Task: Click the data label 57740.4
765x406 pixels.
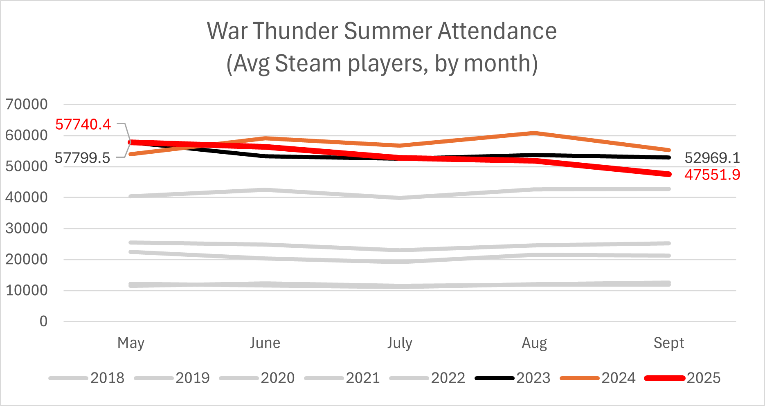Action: click(83, 124)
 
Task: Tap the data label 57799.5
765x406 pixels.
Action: click(82, 157)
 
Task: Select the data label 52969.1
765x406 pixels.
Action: click(712, 158)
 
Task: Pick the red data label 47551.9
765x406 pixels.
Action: click(712, 175)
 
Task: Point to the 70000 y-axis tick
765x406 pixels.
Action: click(27, 104)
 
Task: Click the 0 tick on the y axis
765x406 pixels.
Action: click(43, 321)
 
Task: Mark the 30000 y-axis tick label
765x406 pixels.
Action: click(27, 228)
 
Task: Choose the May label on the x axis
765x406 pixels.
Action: click(131, 343)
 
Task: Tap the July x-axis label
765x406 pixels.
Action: click(400, 343)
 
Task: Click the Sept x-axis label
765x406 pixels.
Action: click(668, 343)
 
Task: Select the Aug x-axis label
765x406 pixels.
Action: click(534, 343)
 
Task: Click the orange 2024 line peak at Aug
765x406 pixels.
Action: click(534, 133)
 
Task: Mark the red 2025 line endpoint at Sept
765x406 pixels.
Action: click(668, 174)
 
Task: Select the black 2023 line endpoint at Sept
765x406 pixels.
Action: click(668, 157)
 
